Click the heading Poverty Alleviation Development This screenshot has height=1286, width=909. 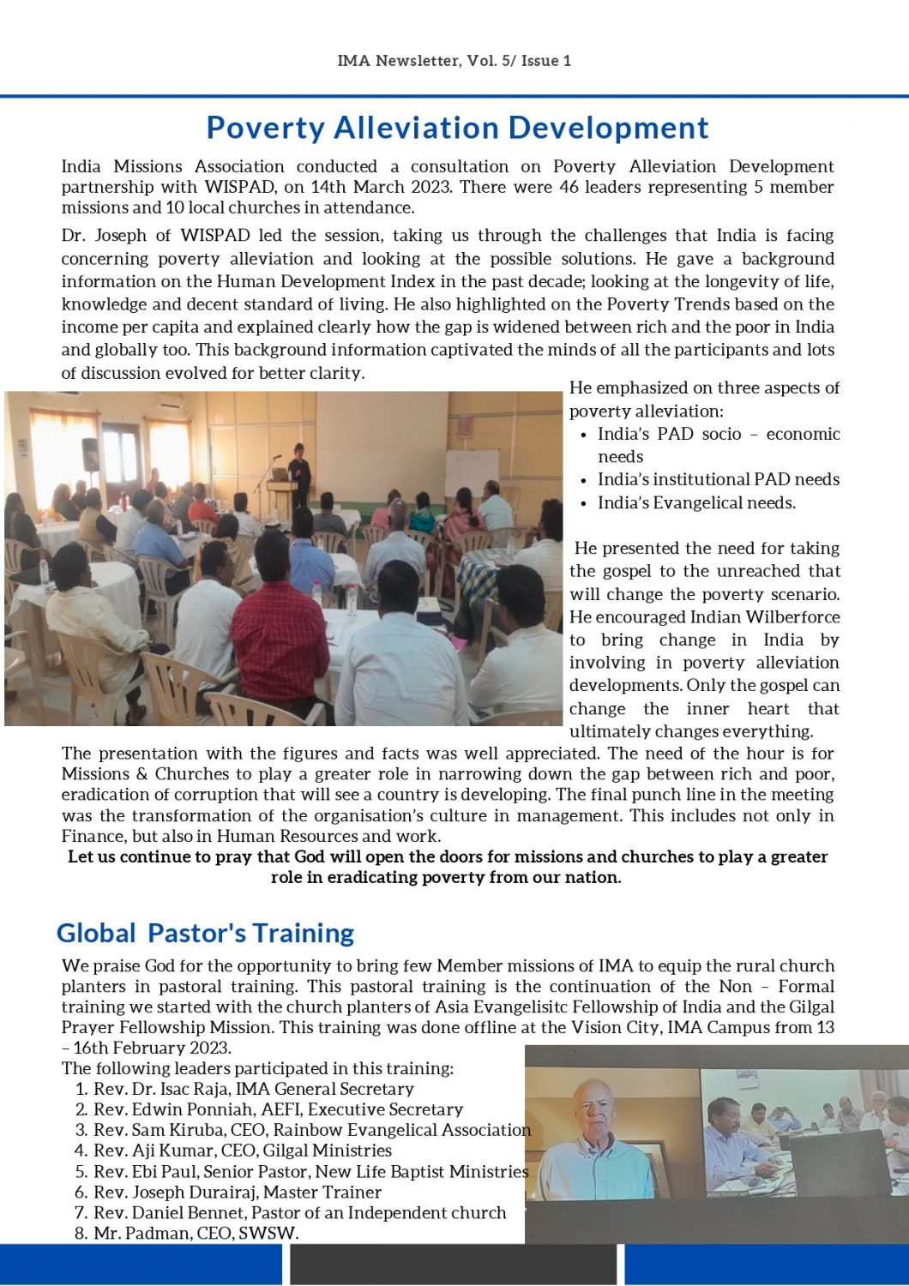(457, 128)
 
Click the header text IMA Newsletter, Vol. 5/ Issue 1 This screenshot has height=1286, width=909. (454, 61)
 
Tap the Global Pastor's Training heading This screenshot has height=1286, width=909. (205, 933)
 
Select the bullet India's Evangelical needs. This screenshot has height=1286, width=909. (696, 503)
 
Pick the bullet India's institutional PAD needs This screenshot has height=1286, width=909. (719, 480)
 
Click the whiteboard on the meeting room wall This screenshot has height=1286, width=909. (471, 469)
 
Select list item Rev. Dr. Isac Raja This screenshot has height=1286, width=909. (253, 1089)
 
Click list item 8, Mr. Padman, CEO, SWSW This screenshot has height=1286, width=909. (196, 1233)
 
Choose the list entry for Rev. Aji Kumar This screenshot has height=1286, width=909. (242, 1151)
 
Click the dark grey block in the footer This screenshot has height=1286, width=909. (453, 1265)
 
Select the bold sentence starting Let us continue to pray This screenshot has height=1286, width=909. (448, 867)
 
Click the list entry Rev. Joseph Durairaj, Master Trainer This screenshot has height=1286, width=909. (237, 1192)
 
